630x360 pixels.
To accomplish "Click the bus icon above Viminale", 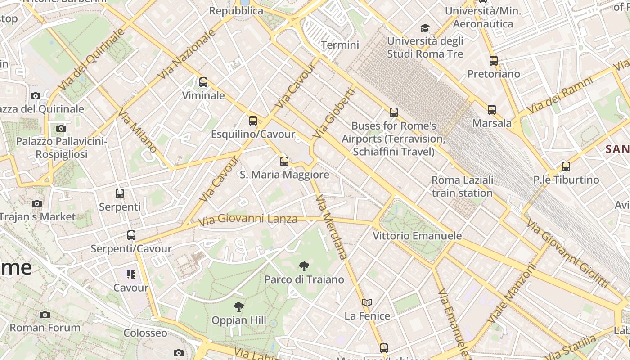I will click(203, 82).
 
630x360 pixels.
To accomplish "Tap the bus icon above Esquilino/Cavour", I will click(253, 121).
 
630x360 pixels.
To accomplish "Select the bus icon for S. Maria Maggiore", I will click(284, 161).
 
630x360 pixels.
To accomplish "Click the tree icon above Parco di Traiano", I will click(304, 266).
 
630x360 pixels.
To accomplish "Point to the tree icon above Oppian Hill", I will click(239, 307).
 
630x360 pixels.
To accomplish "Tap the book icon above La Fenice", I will click(367, 302).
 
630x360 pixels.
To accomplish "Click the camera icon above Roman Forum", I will click(45, 315).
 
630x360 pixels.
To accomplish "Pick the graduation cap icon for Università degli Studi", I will click(425, 28).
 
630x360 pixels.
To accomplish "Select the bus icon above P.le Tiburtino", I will click(566, 166).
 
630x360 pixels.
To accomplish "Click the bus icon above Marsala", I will click(492, 109).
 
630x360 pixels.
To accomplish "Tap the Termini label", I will click(340, 45).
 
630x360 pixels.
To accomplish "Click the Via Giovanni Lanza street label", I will click(248, 220).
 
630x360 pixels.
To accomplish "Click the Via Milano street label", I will click(138, 130).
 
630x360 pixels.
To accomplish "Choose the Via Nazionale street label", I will click(188, 54).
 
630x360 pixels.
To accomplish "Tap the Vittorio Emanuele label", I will click(417, 236).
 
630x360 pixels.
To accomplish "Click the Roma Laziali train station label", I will click(462, 186).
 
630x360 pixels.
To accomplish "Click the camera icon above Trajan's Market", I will click(37, 203).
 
